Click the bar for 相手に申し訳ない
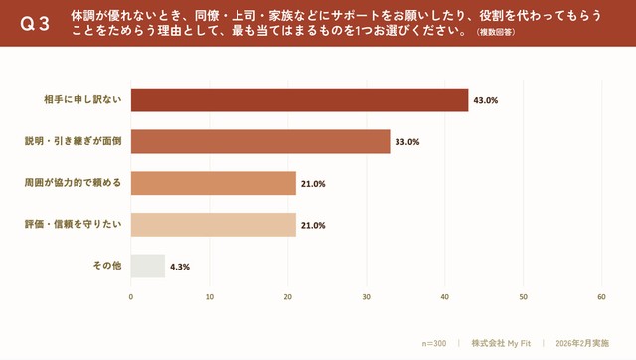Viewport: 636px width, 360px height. [299, 100]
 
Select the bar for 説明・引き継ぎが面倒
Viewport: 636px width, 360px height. [260, 142]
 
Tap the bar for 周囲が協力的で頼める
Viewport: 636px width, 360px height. [214, 183]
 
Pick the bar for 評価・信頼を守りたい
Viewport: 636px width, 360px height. [214, 225]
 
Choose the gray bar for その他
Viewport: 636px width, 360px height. [148, 266]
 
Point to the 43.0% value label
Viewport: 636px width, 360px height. [486, 100]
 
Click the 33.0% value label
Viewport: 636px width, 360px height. [407, 142]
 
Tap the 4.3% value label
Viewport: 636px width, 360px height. [180, 267]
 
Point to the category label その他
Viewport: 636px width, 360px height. [106, 266]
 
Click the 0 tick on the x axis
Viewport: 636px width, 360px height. [131, 296]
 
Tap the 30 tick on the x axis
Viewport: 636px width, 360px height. [367, 296]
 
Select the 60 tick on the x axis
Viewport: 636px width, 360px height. [602, 296]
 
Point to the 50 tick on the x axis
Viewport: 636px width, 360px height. [524, 296]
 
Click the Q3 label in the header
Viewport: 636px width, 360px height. [35, 24]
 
